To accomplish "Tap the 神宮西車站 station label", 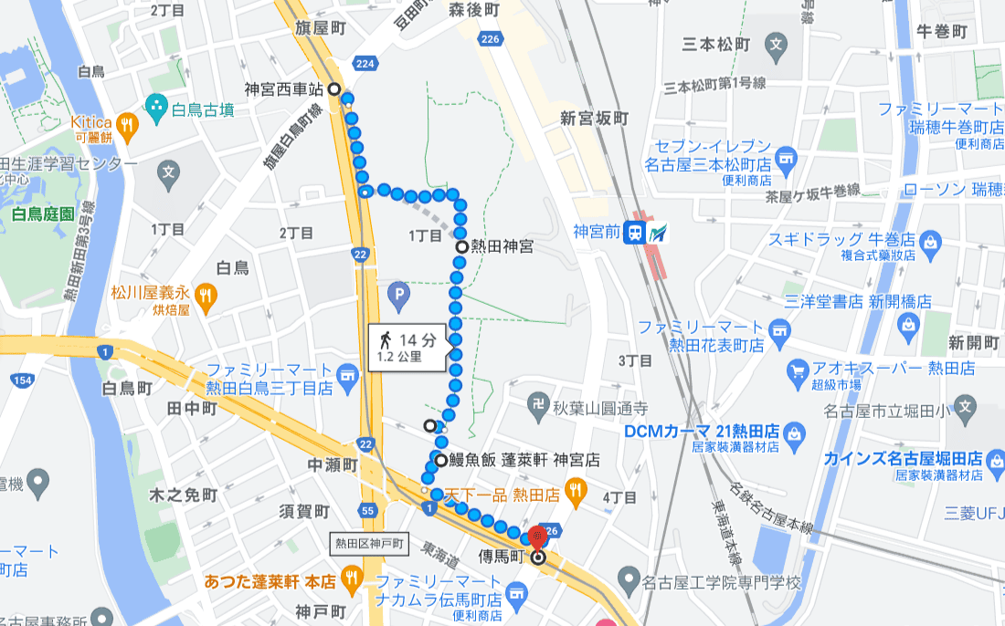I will [x=284, y=89].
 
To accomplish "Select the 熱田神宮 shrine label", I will [x=502, y=246].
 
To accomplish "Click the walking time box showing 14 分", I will [x=407, y=347].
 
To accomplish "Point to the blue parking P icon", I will [x=397, y=294].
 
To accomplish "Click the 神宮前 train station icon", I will [x=633, y=234].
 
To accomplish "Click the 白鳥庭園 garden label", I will [x=45, y=215].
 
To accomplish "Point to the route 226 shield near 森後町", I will [x=491, y=38].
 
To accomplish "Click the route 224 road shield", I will [x=366, y=63].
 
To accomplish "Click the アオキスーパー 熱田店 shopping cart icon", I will [x=796, y=370].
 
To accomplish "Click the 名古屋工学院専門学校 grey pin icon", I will [x=628, y=579].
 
